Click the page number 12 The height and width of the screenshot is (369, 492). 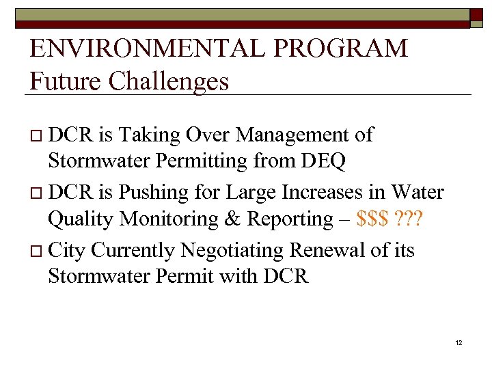(459, 342)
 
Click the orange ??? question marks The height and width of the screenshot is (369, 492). (409, 220)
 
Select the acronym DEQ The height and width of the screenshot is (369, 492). (322, 161)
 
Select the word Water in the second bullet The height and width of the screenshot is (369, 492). (416, 193)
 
